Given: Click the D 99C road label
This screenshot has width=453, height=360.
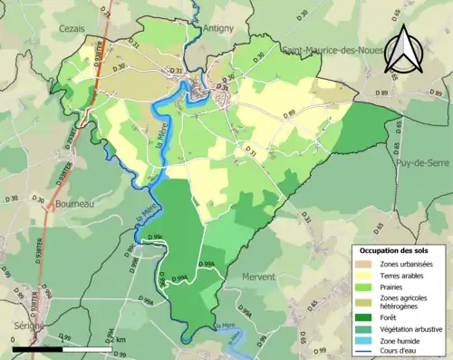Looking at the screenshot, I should click(151, 236).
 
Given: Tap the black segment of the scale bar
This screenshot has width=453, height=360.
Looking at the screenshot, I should click(37, 346).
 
